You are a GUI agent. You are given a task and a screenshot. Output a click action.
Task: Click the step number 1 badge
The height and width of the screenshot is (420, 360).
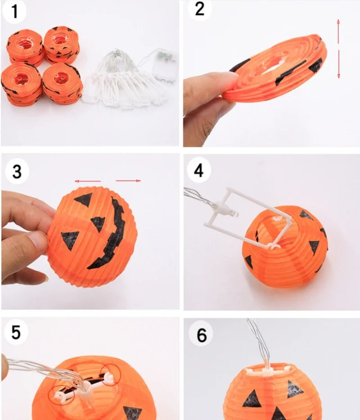click(14, 11)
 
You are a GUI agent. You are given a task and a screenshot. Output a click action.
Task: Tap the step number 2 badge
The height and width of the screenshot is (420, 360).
click(200, 9)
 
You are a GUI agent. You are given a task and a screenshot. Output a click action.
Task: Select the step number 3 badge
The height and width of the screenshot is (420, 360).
click(17, 171)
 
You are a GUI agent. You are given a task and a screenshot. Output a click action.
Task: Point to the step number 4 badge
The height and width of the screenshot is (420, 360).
click(198, 170)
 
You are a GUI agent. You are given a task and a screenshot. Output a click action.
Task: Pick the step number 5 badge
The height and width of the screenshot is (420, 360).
click(16, 332)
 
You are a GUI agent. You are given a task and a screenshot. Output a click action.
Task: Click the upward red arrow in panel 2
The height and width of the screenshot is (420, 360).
click(338, 31)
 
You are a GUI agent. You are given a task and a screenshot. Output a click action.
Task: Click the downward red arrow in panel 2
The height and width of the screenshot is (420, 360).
click(338, 64)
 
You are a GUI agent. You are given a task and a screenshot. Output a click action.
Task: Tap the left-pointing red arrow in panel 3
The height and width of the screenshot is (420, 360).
click(88, 181)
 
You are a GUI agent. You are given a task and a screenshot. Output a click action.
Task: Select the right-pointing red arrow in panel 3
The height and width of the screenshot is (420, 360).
click(128, 181)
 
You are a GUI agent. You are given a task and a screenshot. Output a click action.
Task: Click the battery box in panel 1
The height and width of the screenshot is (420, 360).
click(165, 65)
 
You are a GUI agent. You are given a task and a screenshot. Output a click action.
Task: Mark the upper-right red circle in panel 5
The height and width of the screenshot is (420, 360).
click(110, 375)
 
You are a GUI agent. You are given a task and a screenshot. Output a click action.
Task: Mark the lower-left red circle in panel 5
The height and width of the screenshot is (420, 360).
click(62, 395)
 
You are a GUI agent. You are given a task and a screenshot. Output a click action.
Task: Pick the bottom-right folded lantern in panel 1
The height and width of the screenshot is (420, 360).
click(62, 84)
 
